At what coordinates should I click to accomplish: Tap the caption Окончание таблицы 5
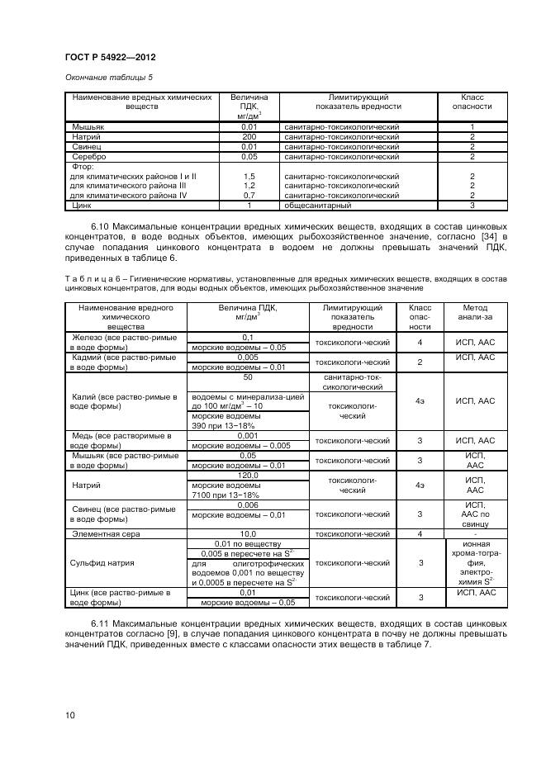point(103,78)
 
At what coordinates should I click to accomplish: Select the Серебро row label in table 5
point(89,156)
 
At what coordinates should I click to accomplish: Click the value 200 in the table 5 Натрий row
point(249,136)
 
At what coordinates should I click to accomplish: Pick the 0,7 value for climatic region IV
point(249,195)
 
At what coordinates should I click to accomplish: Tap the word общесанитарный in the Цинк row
point(318,205)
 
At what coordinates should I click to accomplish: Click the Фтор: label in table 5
point(84,166)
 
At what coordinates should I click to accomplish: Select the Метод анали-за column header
point(476,316)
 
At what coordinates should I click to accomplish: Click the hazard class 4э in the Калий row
point(420,400)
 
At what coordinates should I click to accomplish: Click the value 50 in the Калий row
point(248,377)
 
